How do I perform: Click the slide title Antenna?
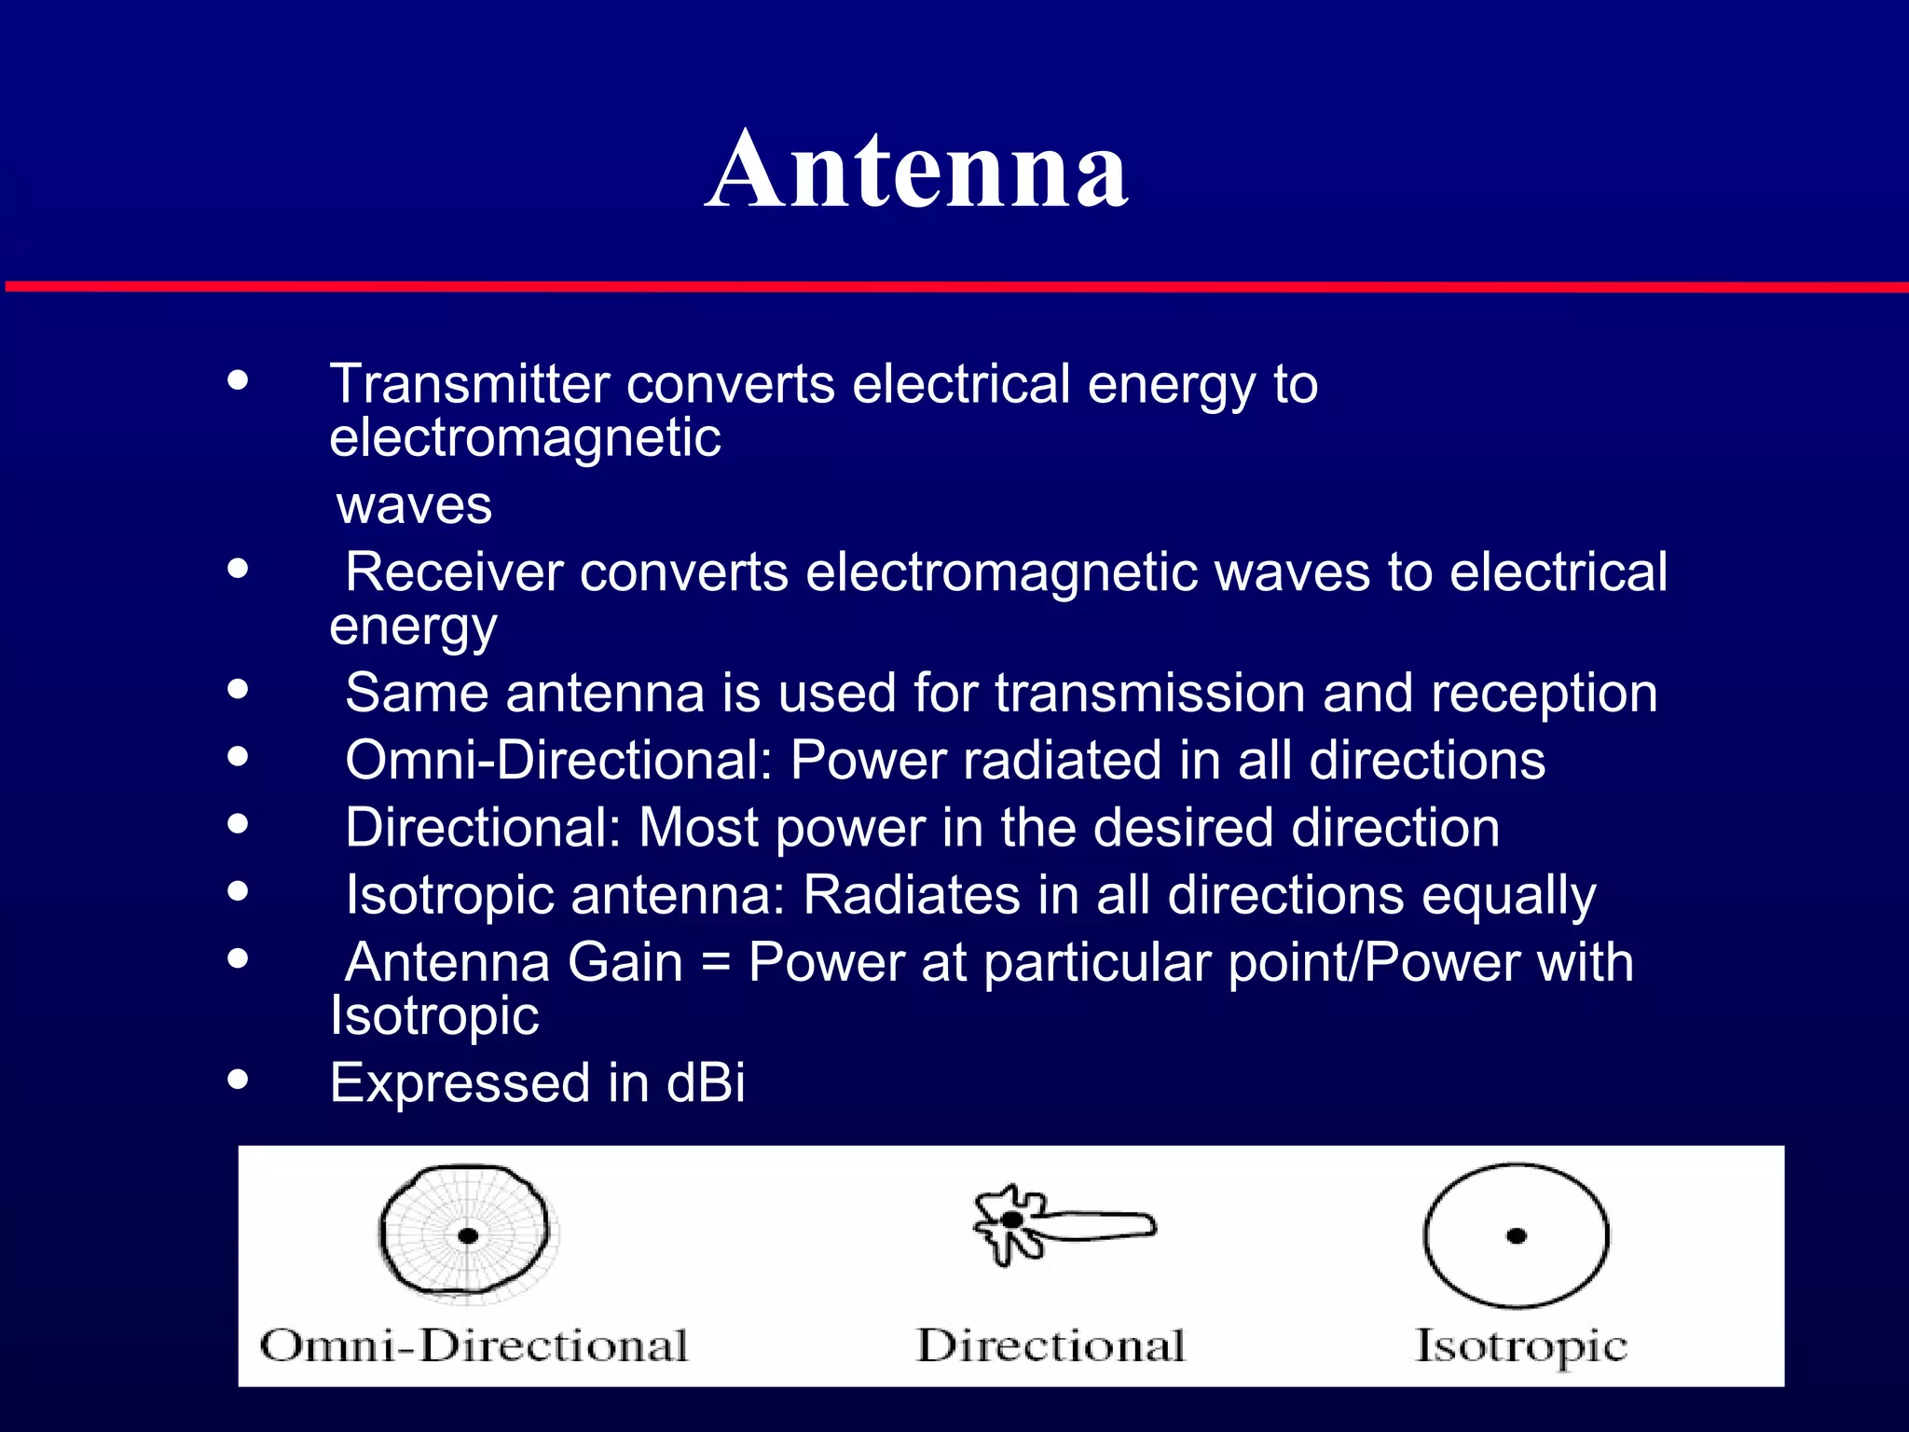tap(916, 171)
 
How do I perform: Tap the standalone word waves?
tap(414, 505)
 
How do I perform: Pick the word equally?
tap(1508, 896)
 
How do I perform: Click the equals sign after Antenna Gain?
tap(715, 963)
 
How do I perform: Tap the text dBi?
tap(706, 1083)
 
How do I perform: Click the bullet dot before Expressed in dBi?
tap(239, 1080)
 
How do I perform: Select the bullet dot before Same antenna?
tap(239, 689)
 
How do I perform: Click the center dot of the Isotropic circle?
tap(1517, 1236)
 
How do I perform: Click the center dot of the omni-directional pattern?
tap(468, 1236)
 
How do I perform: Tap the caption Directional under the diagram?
tap(1051, 1346)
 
